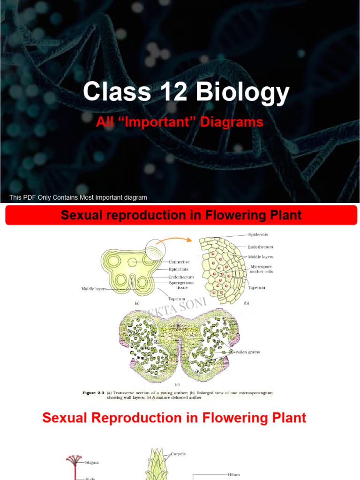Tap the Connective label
pyautogui.click(x=179, y=262)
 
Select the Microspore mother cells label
pyautogui.click(x=262, y=269)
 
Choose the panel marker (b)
pyautogui.click(x=247, y=303)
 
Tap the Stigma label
pyautogui.click(x=92, y=462)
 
